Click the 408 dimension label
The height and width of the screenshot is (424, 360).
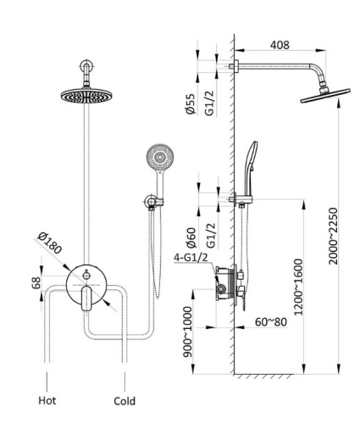[x=280, y=45]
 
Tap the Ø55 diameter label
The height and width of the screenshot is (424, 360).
[x=191, y=103]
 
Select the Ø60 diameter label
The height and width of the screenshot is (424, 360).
[x=191, y=237]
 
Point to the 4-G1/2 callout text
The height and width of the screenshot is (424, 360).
[x=191, y=258]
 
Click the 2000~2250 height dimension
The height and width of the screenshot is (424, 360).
[x=333, y=236]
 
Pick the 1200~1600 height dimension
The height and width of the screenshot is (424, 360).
[x=298, y=287]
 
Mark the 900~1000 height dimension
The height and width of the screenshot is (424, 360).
[x=188, y=332]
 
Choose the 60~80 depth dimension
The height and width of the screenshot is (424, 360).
[x=271, y=322]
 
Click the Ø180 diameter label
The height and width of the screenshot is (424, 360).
[x=50, y=243]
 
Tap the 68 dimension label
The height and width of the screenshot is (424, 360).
[x=36, y=283]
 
